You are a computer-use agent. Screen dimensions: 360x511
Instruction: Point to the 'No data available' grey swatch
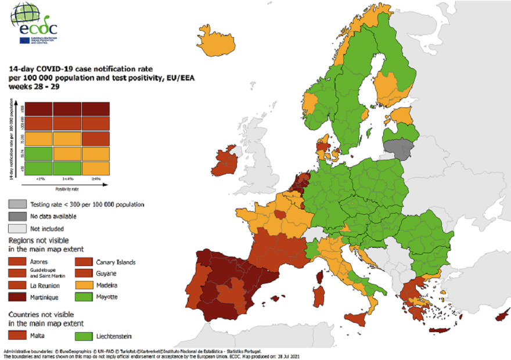(16, 216)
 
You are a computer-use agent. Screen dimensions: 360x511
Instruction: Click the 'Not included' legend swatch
(16, 228)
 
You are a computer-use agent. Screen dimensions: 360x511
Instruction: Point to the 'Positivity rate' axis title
(67, 189)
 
